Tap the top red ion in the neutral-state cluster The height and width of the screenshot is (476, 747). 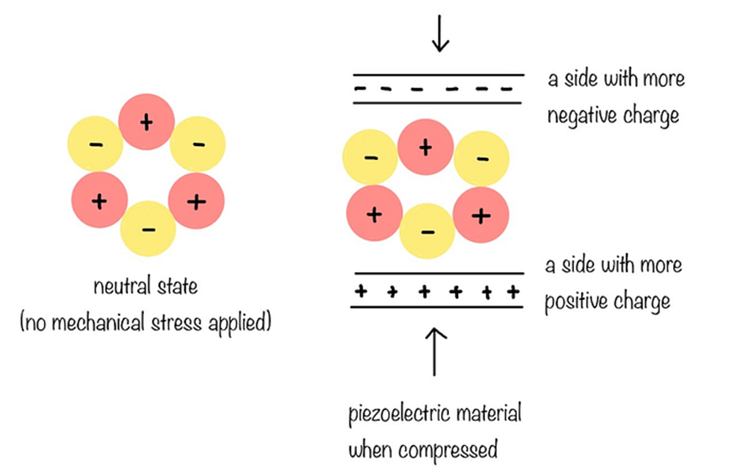point(146,122)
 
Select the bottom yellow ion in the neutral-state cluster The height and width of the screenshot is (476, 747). point(148,229)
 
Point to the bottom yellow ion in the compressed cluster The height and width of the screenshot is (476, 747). point(427,231)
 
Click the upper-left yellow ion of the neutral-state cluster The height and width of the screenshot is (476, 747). point(96,144)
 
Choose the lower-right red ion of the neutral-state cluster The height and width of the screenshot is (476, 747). point(196,201)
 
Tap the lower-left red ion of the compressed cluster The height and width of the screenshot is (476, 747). point(374,214)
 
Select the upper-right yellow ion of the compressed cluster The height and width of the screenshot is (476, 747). point(482,159)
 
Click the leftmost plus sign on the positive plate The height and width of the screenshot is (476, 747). point(361,292)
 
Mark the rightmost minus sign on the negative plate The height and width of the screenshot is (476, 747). point(505,90)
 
